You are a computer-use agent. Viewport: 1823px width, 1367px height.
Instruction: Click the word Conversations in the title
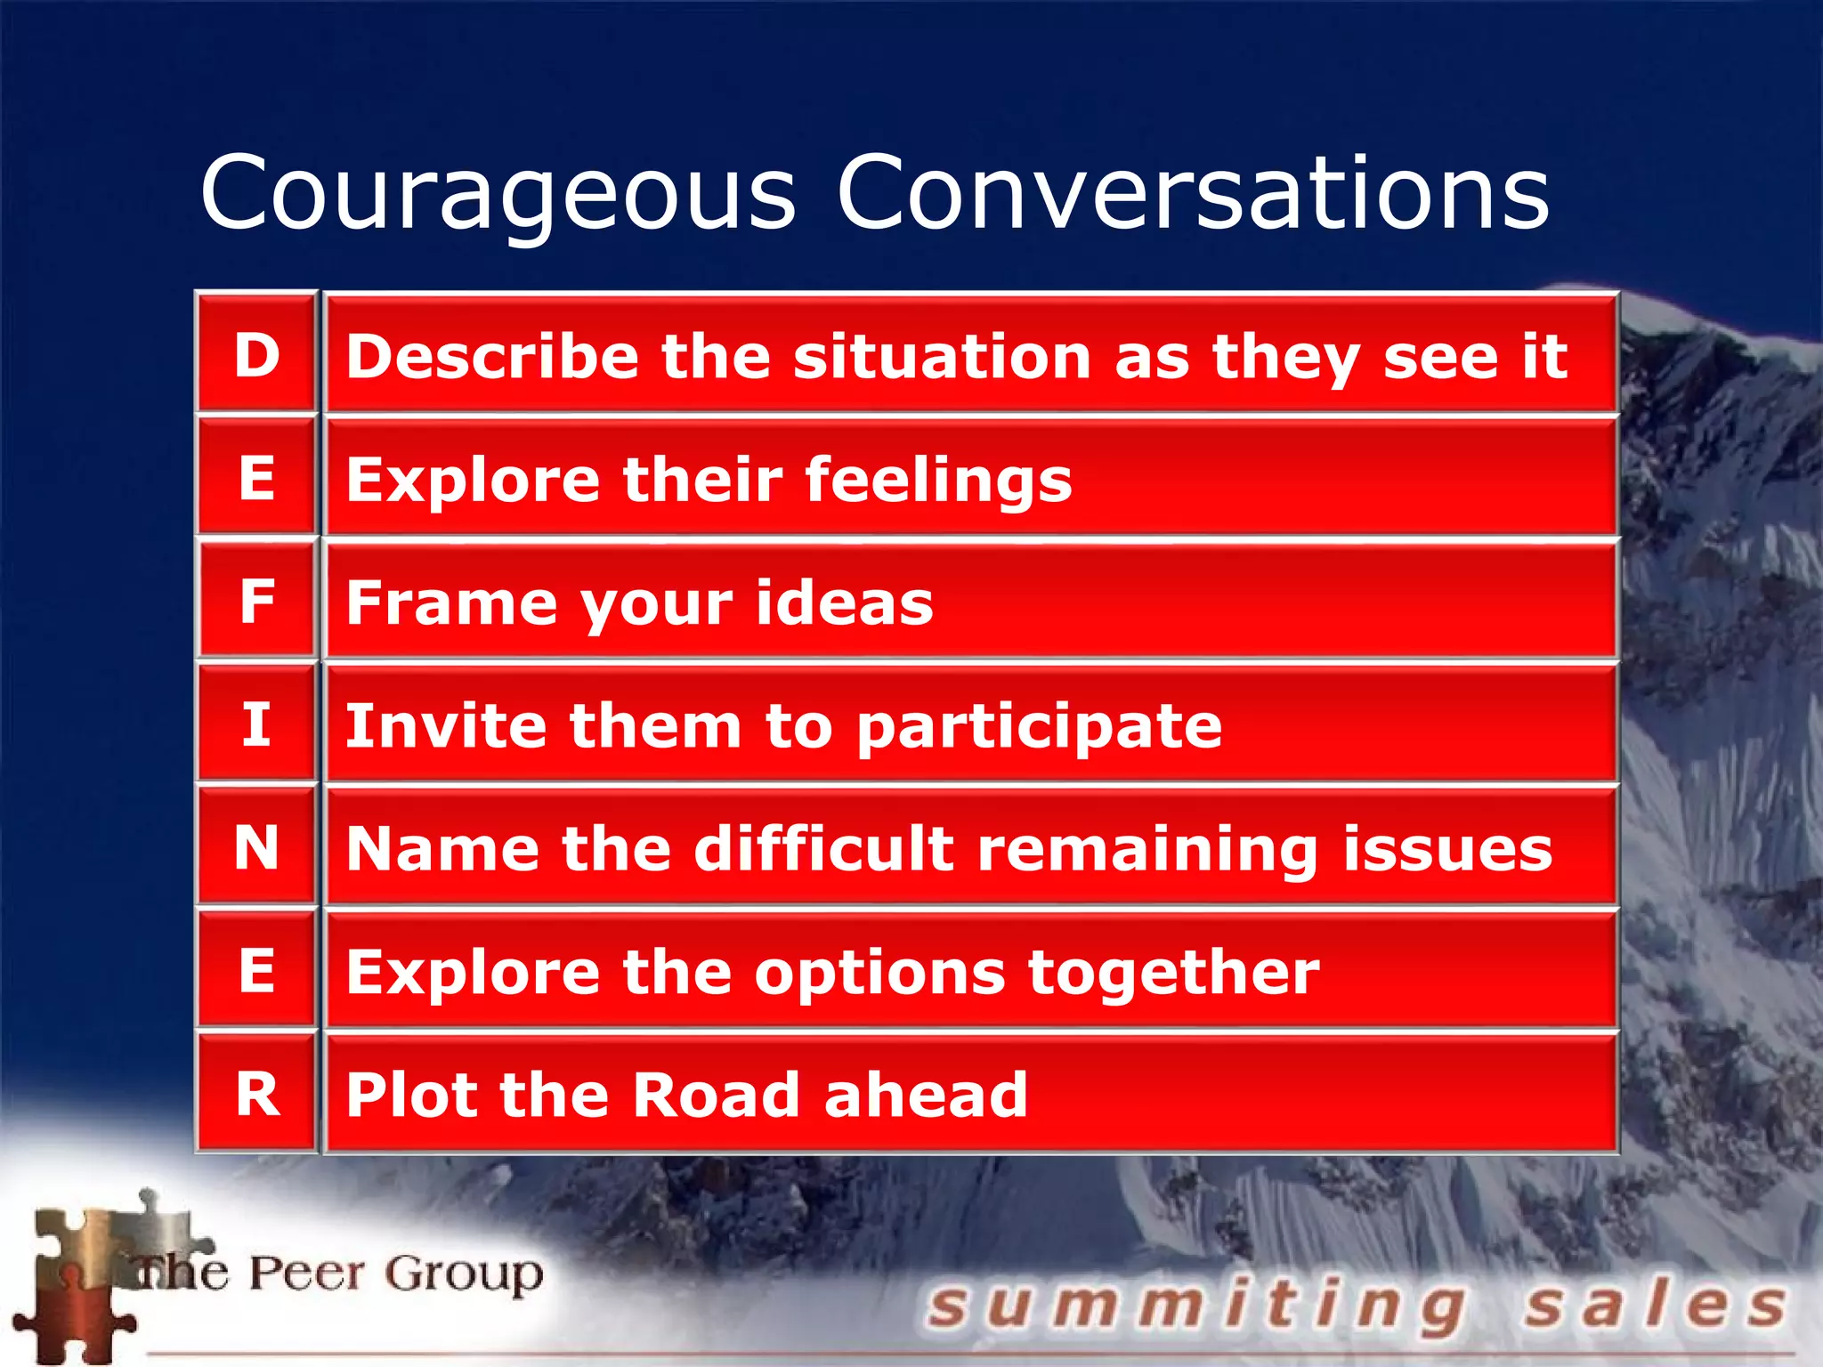coord(1193,192)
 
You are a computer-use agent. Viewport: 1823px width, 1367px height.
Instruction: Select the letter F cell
coord(256,601)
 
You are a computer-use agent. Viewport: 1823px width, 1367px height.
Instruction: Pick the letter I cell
coord(256,724)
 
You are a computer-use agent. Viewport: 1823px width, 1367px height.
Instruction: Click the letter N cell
coord(256,846)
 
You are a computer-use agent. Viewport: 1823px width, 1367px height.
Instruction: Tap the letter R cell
coord(256,1093)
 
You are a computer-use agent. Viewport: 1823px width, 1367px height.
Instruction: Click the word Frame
coord(450,603)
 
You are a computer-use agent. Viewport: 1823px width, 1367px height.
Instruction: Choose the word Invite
coord(444,725)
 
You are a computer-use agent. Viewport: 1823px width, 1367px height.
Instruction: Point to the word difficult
coord(823,848)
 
